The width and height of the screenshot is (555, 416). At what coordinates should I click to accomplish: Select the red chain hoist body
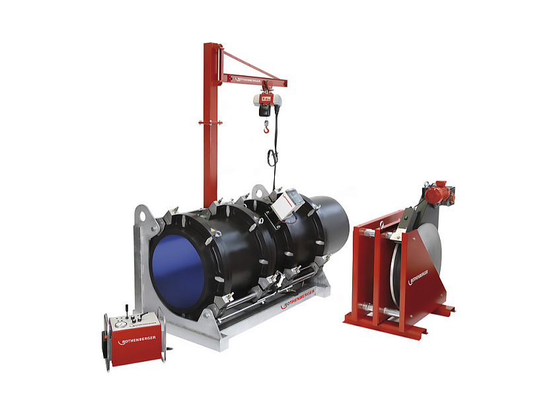point(265,100)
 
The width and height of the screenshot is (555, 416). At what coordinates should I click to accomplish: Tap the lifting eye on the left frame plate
point(140,215)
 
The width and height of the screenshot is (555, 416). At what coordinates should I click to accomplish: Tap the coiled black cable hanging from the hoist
point(272,158)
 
